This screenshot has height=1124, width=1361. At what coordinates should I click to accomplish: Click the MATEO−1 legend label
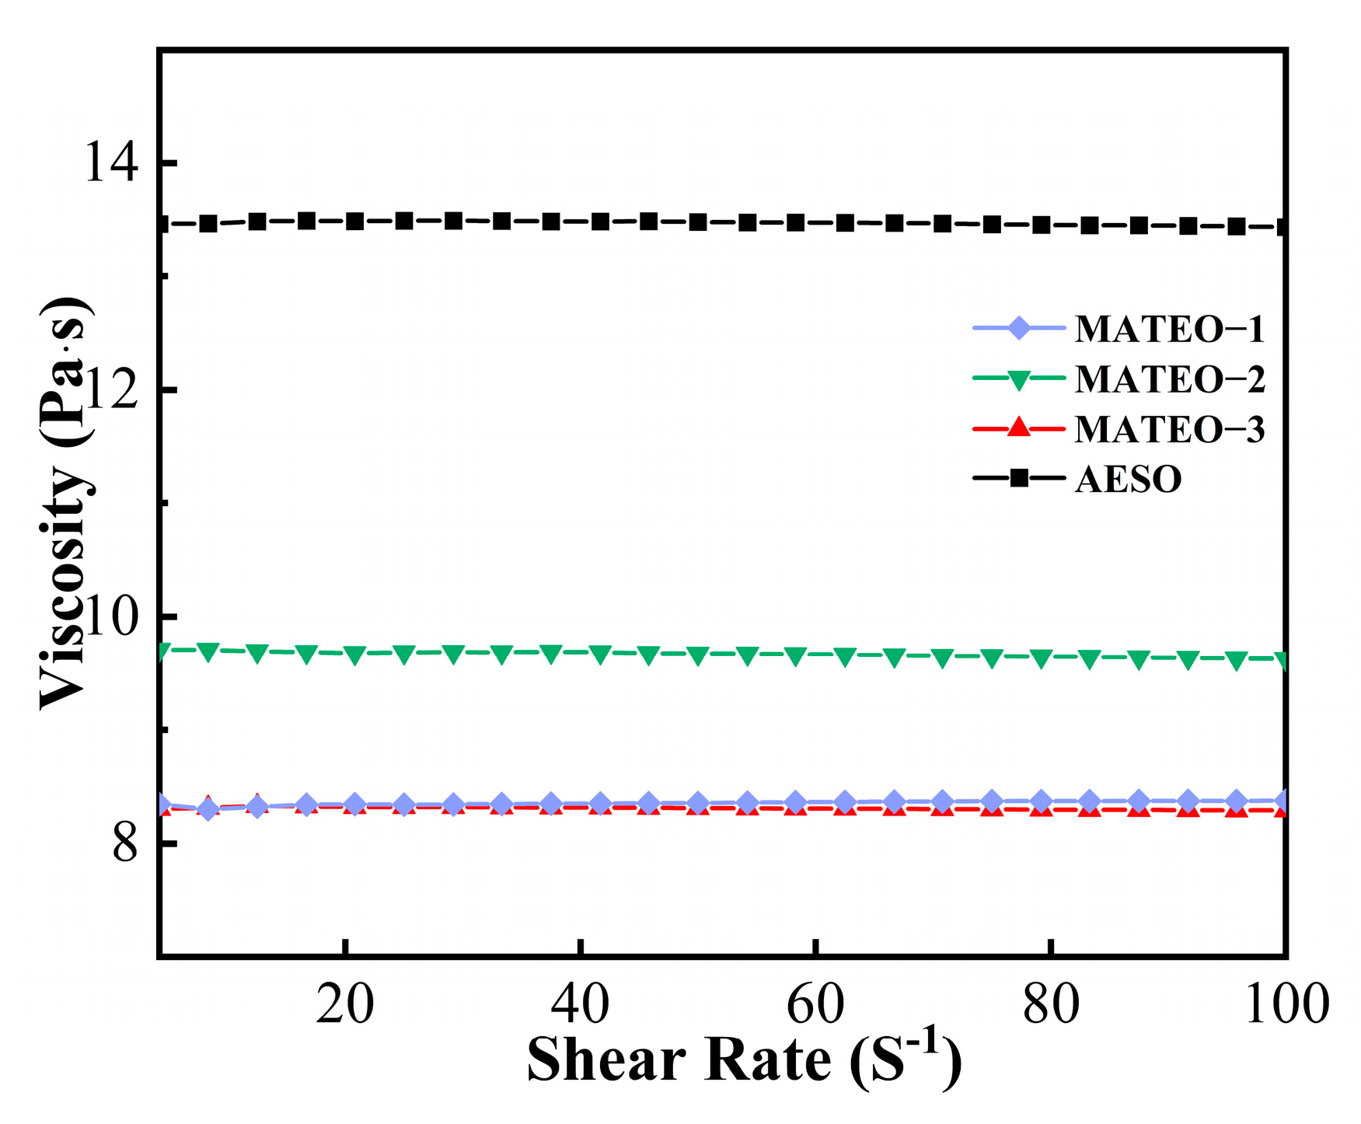tap(1169, 330)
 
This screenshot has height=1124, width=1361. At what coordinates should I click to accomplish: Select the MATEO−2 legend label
tap(1169, 379)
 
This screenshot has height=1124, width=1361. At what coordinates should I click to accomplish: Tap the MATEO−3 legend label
tap(1169, 430)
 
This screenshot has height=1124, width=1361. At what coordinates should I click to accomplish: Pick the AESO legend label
tap(1128, 480)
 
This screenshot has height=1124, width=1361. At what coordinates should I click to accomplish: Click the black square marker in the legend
tap(1018, 478)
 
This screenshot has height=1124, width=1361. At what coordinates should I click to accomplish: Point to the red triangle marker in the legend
tap(1018, 428)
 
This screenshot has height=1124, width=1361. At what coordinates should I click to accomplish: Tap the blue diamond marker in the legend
tap(1018, 328)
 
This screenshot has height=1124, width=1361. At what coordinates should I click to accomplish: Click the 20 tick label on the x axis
tap(345, 1004)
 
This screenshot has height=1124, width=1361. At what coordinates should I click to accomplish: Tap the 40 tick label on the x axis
tap(580, 1004)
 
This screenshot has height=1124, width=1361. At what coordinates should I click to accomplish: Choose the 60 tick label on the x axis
tap(815, 1004)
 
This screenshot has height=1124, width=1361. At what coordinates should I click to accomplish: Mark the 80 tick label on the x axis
tap(1050, 1004)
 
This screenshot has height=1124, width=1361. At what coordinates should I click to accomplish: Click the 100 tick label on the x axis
tap(1286, 1004)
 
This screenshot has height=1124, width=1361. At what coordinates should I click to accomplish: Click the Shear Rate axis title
tap(744, 1060)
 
